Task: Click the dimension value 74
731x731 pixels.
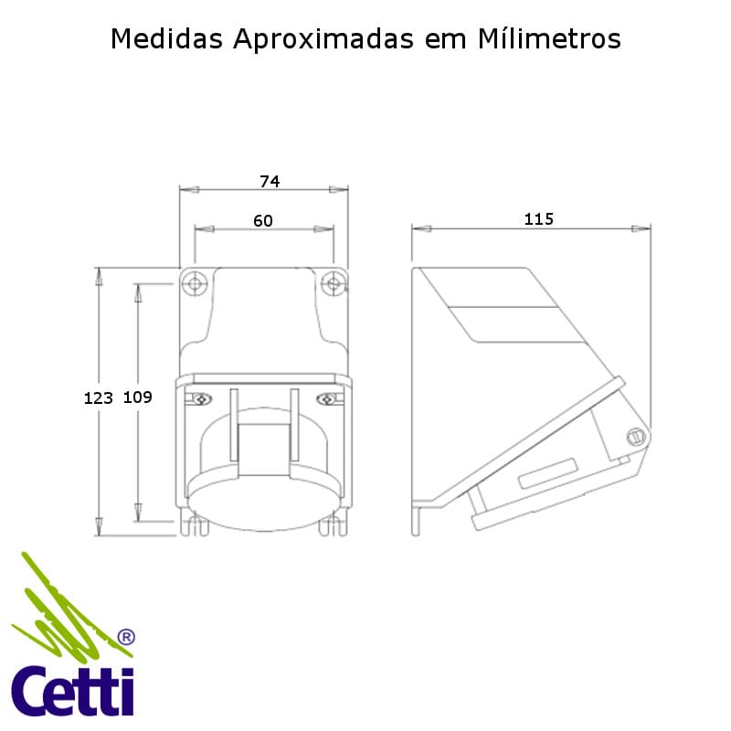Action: (x=269, y=182)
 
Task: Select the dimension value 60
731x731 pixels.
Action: (x=263, y=220)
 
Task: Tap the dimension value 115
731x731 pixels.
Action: (x=539, y=219)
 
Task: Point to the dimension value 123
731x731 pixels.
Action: (x=98, y=397)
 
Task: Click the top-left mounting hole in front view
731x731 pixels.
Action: (x=194, y=284)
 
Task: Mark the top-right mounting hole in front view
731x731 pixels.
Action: (x=334, y=284)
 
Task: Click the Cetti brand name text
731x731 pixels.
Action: (x=73, y=693)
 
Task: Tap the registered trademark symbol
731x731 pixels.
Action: (x=126, y=636)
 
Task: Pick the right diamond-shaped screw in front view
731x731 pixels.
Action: (x=327, y=398)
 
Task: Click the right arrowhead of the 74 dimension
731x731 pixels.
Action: (x=339, y=190)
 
